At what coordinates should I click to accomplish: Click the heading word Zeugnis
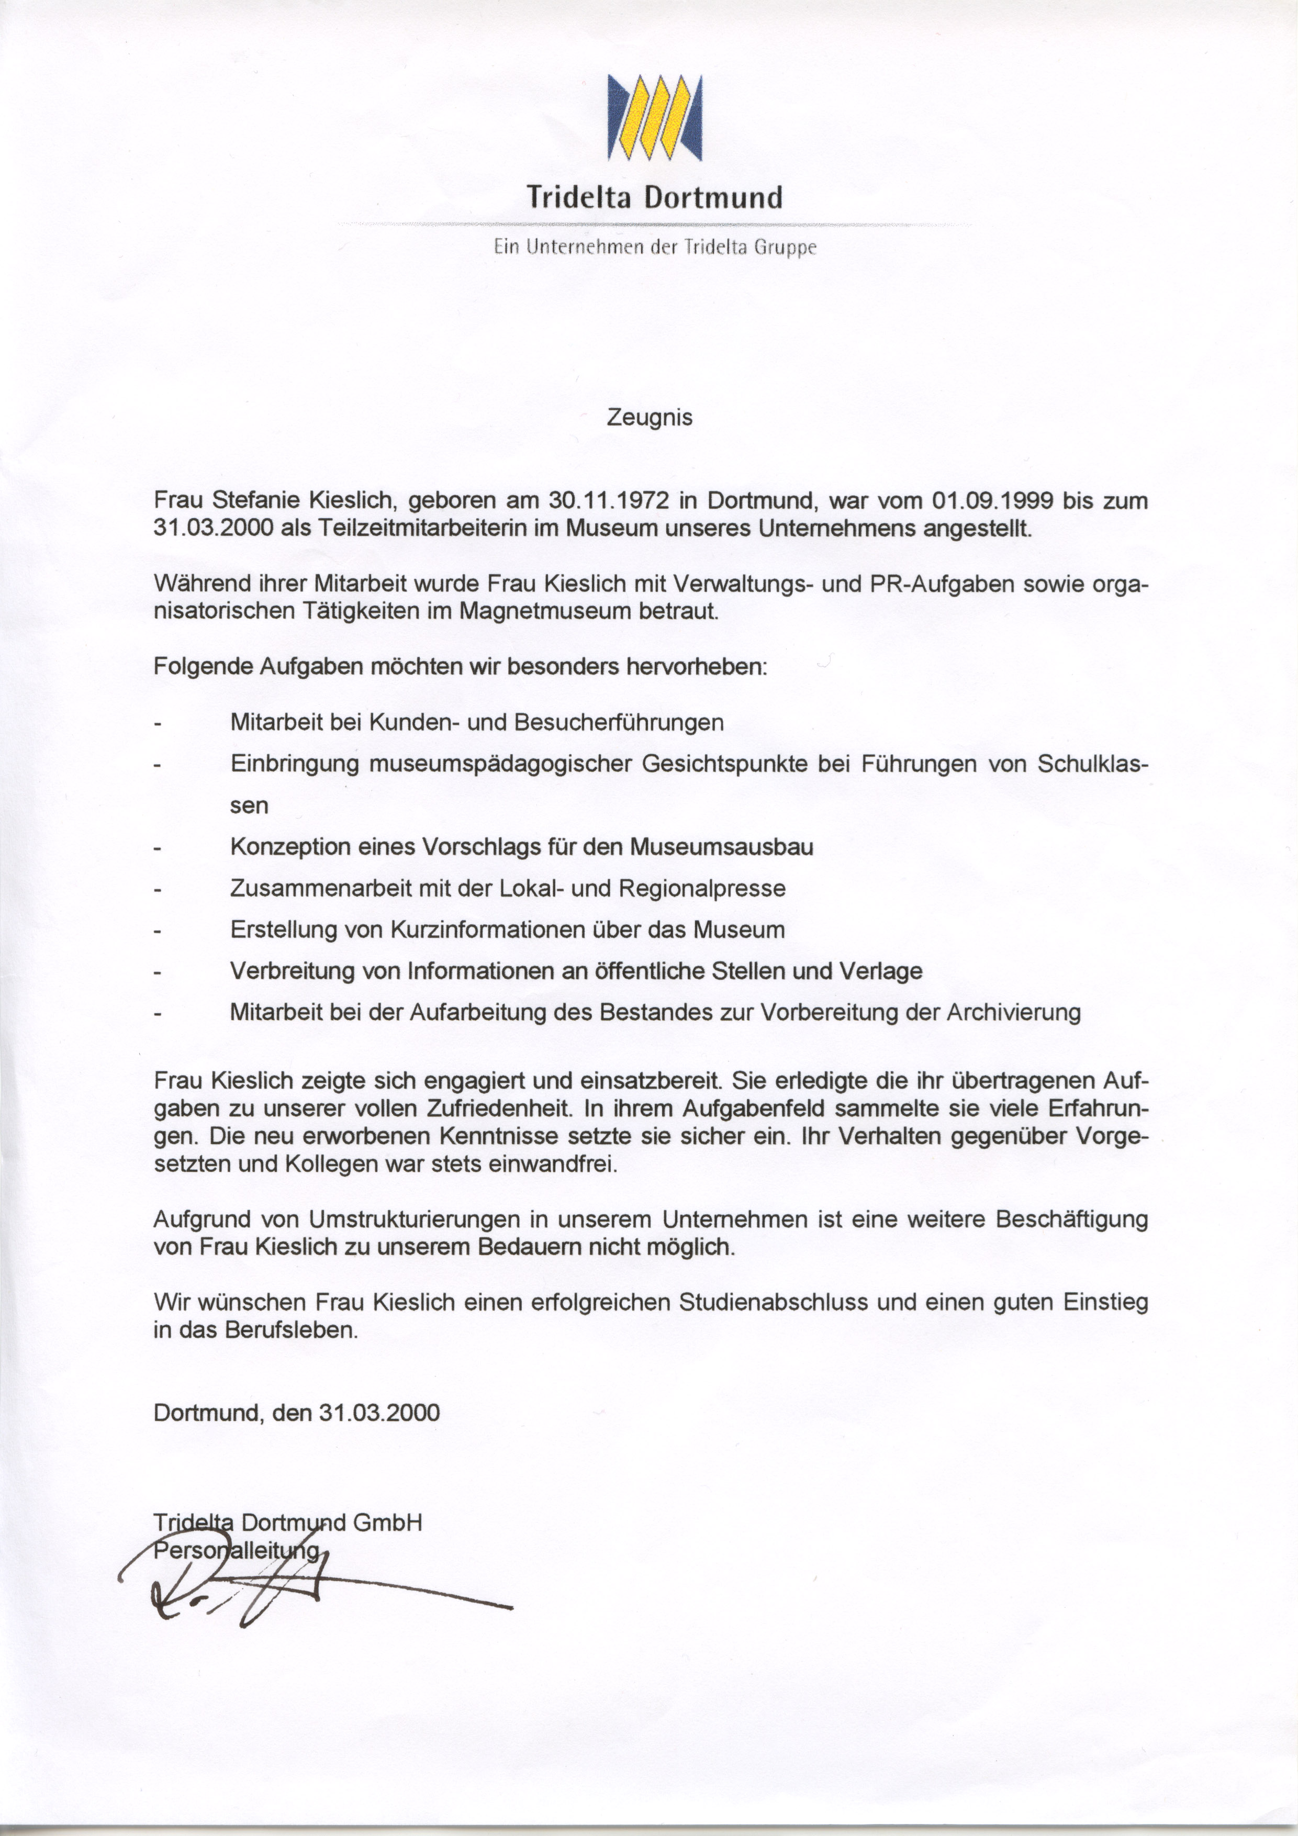(x=650, y=418)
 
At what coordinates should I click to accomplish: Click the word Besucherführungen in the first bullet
(x=619, y=722)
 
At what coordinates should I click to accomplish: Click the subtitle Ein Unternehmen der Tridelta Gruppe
(x=654, y=247)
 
